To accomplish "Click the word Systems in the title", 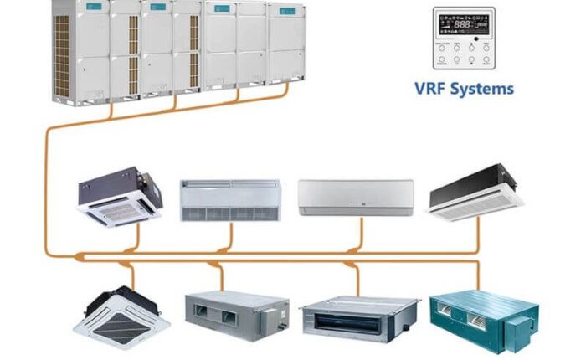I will click(482, 87).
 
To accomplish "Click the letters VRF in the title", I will click(432, 87).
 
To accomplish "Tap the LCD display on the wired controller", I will click(462, 25).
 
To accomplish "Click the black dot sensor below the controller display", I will click(475, 38).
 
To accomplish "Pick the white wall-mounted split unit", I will click(356, 197).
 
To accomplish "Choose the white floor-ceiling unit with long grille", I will click(229, 199).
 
